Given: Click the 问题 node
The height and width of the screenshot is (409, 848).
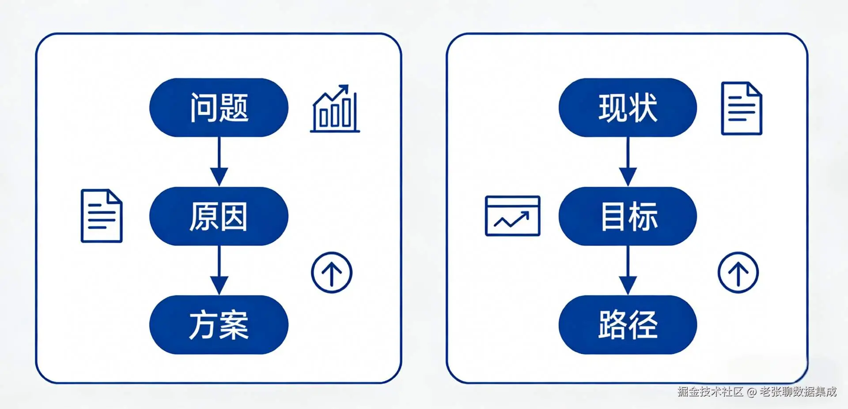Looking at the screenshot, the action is pyautogui.click(x=219, y=108).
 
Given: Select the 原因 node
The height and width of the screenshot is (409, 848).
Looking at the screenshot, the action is pyautogui.click(x=219, y=216).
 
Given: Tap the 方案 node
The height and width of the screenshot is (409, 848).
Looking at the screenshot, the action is pyautogui.click(x=219, y=325).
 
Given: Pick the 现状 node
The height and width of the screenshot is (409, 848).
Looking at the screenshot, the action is pyautogui.click(x=628, y=108).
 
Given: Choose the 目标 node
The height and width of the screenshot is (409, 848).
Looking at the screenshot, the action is pyautogui.click(x=628, y=216).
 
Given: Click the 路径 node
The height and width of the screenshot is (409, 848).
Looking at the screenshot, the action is pyautogui.click(x=628, y=325).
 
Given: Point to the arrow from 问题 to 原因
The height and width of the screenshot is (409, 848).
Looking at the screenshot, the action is pyautogui.click(x=219, y=161).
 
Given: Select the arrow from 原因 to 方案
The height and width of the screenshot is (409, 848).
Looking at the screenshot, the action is pyautogui.click(x=219, y=270).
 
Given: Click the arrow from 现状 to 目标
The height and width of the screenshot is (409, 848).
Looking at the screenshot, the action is pyautogui.click(x=628, y=161).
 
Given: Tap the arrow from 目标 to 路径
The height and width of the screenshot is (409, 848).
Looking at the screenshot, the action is pyautogui.click(x=628, y=270).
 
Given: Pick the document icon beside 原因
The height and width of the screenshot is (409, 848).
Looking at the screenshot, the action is pyautogui.click(x=102, y=216).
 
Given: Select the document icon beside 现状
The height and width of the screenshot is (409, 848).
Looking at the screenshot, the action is pyautogui.click(x=742, y=108).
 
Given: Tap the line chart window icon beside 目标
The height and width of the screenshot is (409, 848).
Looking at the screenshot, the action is pyautogui.click(x=512, y=216).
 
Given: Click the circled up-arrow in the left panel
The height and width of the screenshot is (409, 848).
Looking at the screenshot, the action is pyautogui.click(x=332, y=273).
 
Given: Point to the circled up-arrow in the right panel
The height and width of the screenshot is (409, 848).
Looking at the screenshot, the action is pyautogui.click(x=738, y=273).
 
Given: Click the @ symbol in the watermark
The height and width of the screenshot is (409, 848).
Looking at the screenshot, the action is pyautogui.click(x=752, y=392).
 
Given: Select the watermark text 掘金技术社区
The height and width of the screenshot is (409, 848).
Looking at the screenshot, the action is pyautogui.click(x=711, y=392).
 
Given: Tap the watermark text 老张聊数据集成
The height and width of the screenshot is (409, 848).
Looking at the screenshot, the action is pyautogui.click(x=798, y=392).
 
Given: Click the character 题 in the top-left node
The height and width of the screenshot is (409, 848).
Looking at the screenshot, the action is pyautogui.click(x=234, y=108).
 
